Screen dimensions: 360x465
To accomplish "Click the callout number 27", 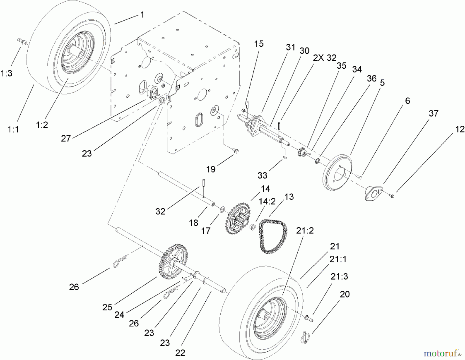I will [x=66, y=138].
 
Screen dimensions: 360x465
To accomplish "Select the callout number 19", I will [x=211, y=169].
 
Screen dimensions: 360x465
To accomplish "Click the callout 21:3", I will [x=339, y=276].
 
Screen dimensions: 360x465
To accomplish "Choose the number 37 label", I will [x=433, y=113].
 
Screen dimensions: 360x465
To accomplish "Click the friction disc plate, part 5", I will [x=337, y=172].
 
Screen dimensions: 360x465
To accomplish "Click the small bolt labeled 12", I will [x=392, y=196].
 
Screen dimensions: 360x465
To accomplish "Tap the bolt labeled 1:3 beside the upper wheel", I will [x=22, y=41].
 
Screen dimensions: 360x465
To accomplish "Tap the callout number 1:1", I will [x=13, y=129].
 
